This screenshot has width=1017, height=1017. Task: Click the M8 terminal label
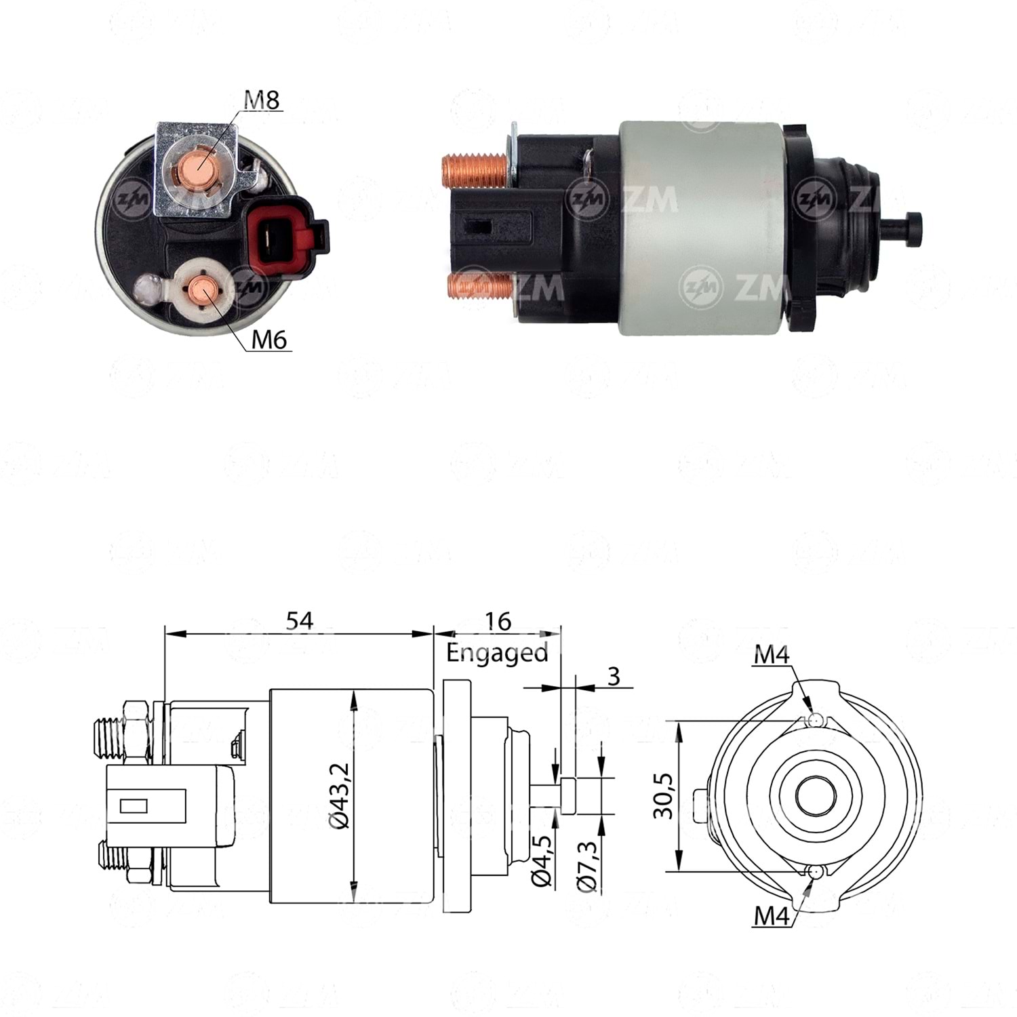tap(262, 100)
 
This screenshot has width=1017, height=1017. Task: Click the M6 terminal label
tap(269, 339)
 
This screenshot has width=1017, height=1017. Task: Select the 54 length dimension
tap(299, 621)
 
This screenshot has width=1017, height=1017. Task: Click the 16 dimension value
tap(498, 621)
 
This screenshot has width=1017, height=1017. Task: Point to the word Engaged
tap(497, 652)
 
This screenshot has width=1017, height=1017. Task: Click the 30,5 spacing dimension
tap(665, 796)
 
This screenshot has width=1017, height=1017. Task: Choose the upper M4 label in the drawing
tap(772, 655)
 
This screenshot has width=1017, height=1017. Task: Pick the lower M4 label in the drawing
tap(772, 916)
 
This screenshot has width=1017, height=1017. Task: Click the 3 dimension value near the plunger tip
tap(614, 676)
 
